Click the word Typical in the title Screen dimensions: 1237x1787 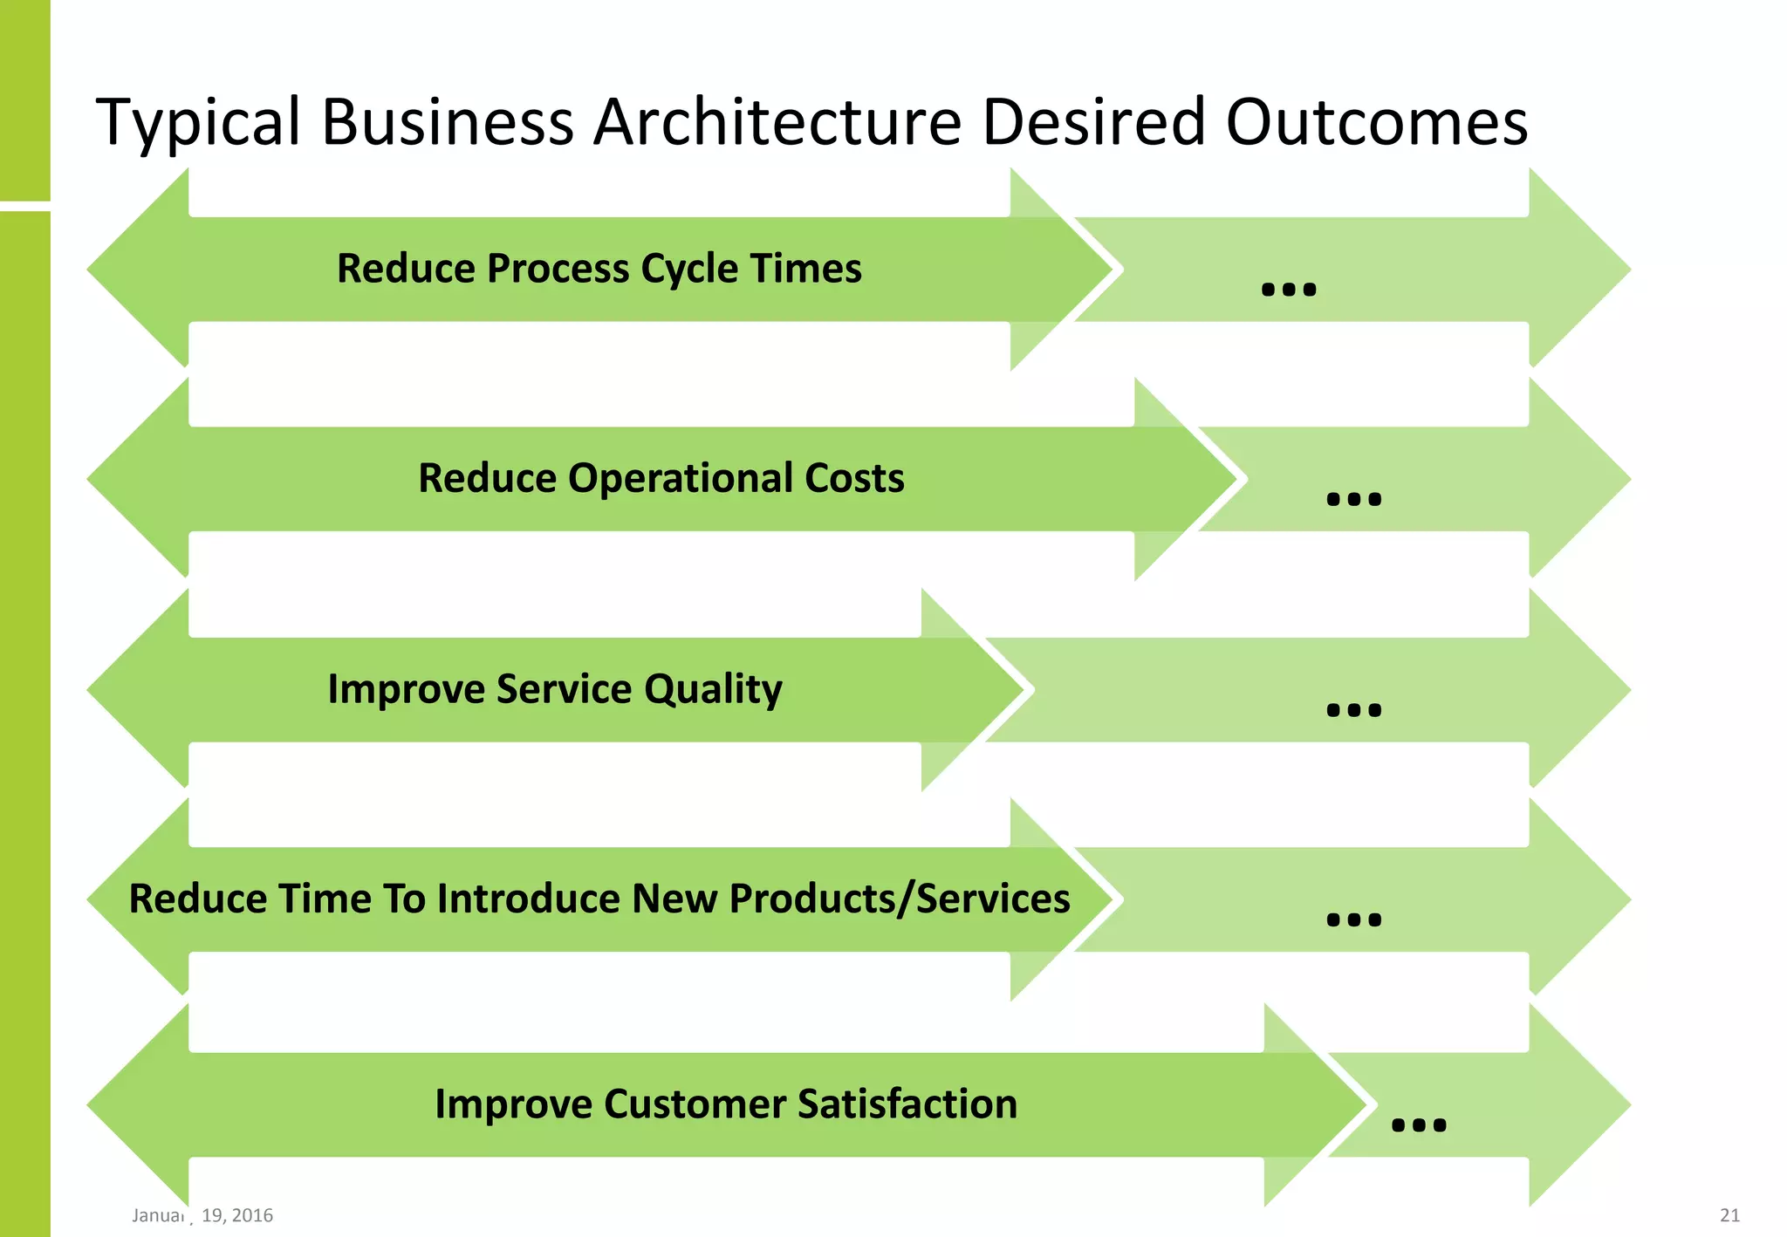[x=198, y=122]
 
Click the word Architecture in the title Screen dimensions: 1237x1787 [x=777, y=122]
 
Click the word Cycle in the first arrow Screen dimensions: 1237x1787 [x=688, y=269]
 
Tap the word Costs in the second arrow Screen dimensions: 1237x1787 [x=854, y=478]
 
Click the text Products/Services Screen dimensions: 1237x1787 [x=899, y=899]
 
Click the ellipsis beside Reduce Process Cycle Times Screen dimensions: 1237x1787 [x=1288, y=289]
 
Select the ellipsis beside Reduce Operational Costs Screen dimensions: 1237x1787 [x=1353, y=499]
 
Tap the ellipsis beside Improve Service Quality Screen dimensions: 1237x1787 [x=1353, y=710]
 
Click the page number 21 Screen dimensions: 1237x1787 [x=1729, y=1215]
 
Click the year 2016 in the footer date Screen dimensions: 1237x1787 [x=252, y=1215]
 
